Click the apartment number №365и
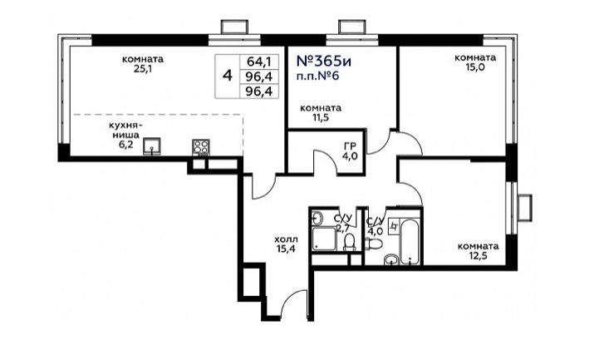pos(323,62)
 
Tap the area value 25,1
pos(143,69)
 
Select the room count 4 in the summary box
pos(228,76)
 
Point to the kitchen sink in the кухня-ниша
pos(152,146)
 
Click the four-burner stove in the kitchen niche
pos(200,148)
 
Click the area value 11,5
pos(320,117)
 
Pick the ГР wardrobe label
pos(350,145)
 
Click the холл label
pos(286,239)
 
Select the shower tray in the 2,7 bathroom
pos(324,239)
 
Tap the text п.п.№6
pos(318,76)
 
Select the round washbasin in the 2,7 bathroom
pos(317,218)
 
